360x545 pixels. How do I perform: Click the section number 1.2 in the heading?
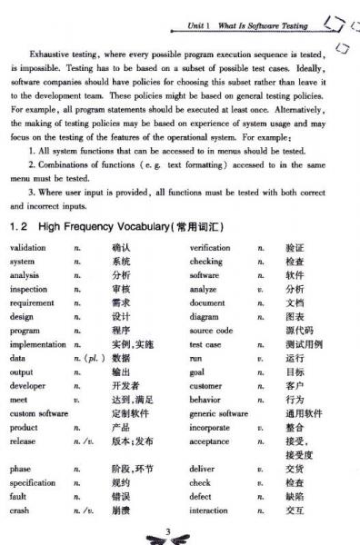pyautogui.click(x=20, y=225)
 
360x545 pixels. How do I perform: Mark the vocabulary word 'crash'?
pyautogui.click(x=21, y=510)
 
